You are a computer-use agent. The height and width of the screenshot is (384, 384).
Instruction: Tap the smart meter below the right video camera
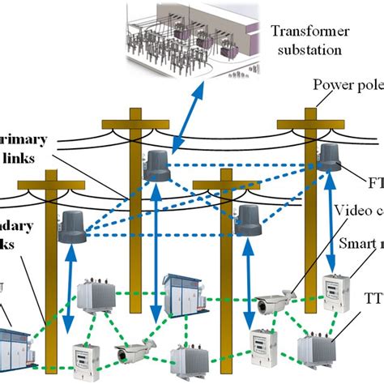pyautogui.click(x=263, y=343)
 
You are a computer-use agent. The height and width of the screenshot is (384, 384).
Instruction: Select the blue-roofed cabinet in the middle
pyautogui.click(x=183, y=292)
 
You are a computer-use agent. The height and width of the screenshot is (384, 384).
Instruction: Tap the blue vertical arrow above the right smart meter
pyautogui.click(x=333, y=227)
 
